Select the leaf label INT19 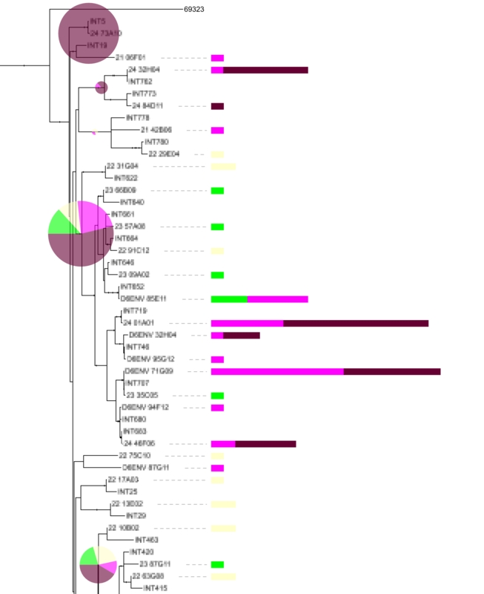pos(98,45)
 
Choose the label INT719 pos(136,310)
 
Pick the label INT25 pos(127,492)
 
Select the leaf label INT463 pos(147,540)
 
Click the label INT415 pos(155,588)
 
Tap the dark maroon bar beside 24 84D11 pos(217,106)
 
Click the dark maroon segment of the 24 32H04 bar pos(265,70)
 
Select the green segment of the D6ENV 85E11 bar pos(229,298)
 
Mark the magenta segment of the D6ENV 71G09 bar pos(277,371)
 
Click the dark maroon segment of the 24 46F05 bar pos(265,443)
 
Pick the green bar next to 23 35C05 pos(217,395)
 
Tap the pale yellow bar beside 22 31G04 pos(223,166)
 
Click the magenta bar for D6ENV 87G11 pos(217,468)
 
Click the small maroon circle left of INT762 pos(102,88)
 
